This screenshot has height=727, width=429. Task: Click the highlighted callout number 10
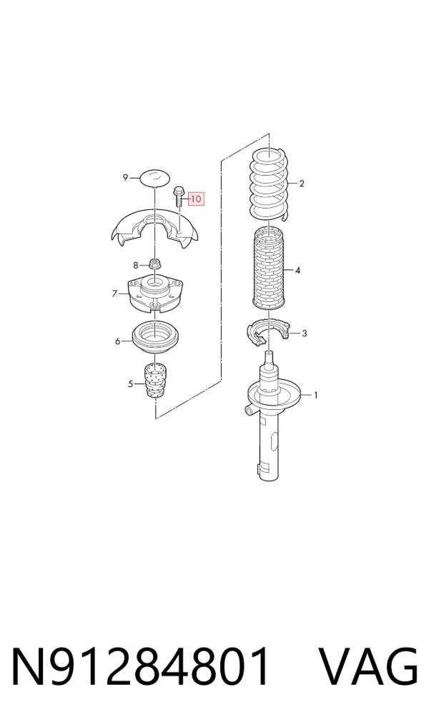[x=196, y=199]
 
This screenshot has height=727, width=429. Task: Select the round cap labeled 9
[x=154, y=178]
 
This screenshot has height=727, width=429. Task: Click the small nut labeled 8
[x=154, y=265]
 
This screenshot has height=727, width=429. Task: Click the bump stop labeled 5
[x=154, y=380]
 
